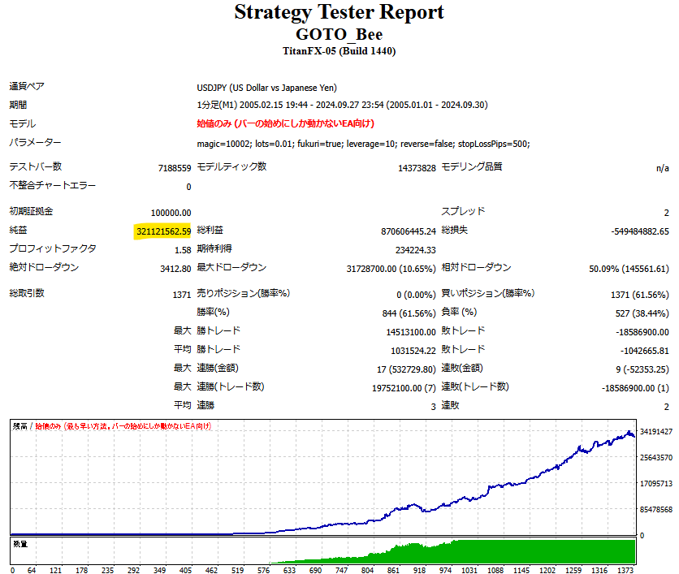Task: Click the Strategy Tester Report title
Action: pyautogui.click(x=339, y=13)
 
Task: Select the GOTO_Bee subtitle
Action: pyautogui.click(x=339, y=34)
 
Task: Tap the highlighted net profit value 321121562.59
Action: pyautogui.click(x=163, y=232)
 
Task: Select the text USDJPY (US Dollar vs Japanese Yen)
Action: pyautogui.click(x=266, y=88)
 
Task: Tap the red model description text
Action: pyautogui.click(x=285, y=124)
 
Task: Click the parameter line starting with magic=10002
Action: pyautogui.click(x=363, y=144)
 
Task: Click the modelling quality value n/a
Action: pyautogui.click(x=662, y=168)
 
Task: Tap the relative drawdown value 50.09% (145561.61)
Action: pyautogui.click(x=618, y=269)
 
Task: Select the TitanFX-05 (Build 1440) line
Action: pyautogui.click(x=339, y=51)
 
